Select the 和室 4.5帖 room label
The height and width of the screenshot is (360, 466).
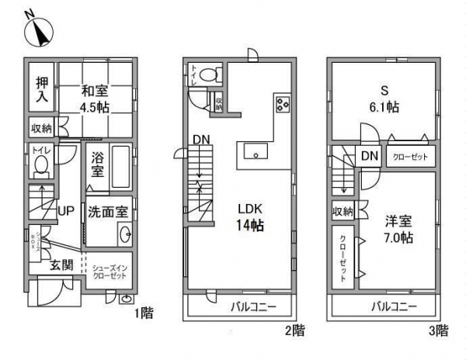[99, 99]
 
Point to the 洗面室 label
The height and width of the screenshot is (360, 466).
[107, 210]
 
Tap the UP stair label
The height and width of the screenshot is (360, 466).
[67, 210]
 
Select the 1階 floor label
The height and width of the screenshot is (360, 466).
[142, 314]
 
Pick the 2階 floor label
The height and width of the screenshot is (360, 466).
[294, 331]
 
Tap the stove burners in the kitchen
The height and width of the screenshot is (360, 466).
[281, 105]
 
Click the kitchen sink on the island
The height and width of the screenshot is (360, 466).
[253, 152]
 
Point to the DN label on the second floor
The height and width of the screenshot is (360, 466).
[202, 140]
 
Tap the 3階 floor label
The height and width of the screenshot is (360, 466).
[439, 331]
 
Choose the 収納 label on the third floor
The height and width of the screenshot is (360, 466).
[343, 211]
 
